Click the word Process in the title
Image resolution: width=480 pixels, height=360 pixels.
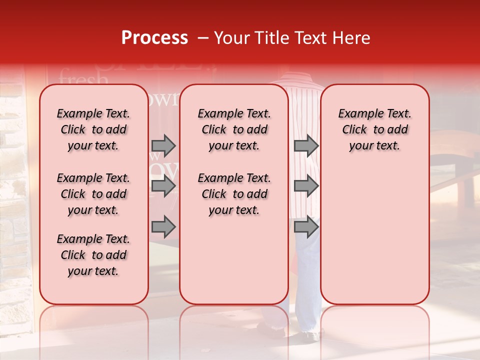point(154,38)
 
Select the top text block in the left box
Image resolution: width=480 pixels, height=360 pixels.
point(93,129)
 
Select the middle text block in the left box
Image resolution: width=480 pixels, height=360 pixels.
point(93,194)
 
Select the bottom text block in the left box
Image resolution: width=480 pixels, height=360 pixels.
point(93,255)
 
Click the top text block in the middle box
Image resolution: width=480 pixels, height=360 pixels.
point(234,129)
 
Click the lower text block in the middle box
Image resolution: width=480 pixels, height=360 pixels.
point(234,194)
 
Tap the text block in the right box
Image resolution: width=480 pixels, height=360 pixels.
point(374,129)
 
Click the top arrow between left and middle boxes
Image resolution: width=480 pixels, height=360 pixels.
point(163,145)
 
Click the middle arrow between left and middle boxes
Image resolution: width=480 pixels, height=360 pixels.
point(163,186)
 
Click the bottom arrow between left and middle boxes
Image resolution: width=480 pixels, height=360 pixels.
point(163,227)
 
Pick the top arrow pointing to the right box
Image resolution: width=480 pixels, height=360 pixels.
point(306,145)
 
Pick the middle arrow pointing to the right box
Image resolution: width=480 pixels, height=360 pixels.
point(306,186)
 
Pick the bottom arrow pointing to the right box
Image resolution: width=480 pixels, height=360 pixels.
point(306,227)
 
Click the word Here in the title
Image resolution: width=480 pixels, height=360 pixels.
point(352,38)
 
